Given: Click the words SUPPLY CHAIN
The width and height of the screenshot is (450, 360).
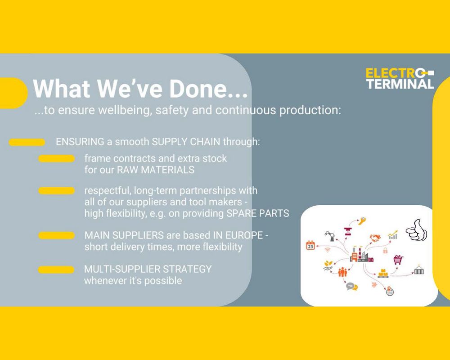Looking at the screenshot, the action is [x=186, y=142].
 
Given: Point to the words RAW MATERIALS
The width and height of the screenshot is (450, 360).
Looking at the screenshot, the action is [x=156, y=170].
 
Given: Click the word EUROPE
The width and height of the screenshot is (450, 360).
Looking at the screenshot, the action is [x=244, y=235].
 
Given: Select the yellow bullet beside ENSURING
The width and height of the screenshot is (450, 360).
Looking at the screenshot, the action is [x=27, y=142].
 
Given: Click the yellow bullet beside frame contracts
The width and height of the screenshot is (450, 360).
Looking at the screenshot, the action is [x=57, y=159].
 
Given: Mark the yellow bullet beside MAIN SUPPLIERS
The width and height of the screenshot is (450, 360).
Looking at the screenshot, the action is [x=57, y=236].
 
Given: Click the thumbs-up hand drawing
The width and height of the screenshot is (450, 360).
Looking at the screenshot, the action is [x=416, y=230].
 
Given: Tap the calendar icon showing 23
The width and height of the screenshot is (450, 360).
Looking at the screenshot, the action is [x=310, y=245].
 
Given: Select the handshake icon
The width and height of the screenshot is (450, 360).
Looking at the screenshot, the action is [x=375, y=238].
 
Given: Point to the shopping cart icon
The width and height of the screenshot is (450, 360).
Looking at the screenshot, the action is [x=398, y=260].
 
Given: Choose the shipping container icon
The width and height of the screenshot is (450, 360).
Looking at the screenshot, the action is [x=418, y=270].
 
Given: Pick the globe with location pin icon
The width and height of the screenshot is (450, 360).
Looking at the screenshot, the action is [x=389, y=291].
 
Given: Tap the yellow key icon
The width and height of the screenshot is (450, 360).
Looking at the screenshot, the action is [x=362, y=221].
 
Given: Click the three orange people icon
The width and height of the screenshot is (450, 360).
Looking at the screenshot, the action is [x=342, y=272].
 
